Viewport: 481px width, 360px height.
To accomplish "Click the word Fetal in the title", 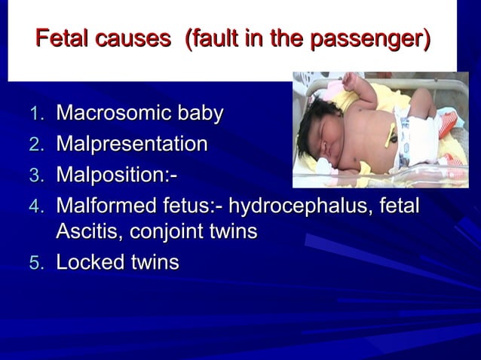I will click(x=62, y=37).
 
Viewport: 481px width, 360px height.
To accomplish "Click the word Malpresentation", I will click(x=132, y=144).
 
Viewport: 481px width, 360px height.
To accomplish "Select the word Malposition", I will click(x=113, y=174).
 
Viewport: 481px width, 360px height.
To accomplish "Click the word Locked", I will click(x=88, y=263).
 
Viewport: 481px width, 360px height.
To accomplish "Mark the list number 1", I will click(x=38, y=115).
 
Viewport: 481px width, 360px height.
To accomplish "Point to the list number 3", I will click(x=38, y=175).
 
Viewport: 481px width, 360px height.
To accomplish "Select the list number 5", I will click(x=38, y=264).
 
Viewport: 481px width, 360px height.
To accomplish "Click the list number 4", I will click(x=38, y=205).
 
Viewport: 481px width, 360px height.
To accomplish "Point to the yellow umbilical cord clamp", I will click(x=393, y=136).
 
